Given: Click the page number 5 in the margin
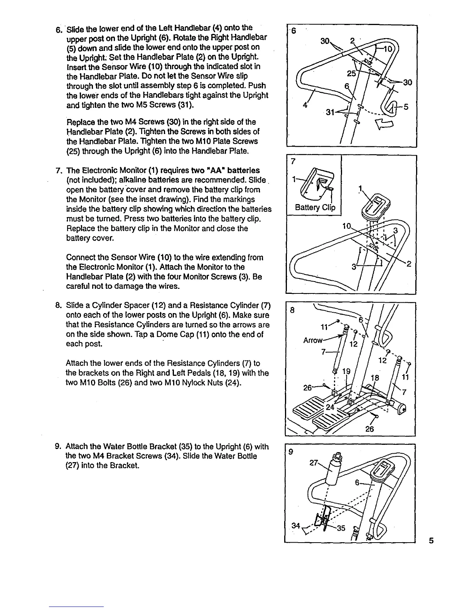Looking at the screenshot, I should pyautogui.click(x=431, y=541).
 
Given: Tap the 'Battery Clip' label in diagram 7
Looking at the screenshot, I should pyautogui.click(x=315, y=208).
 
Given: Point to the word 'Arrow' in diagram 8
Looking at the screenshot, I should pyautogui.click(x=313, y=340).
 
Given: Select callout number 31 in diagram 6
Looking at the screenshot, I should pyautogui.click(x=330, y=112).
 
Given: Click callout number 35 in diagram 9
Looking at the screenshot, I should pyautogui.click(x=341, y=528).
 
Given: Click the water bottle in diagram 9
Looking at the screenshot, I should pyautogui.click(x=332, y=471).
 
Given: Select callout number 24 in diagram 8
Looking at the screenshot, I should pyautogui.click(x=330, y=407).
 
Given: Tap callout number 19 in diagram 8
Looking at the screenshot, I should pyautogui.click(x=346, y=371).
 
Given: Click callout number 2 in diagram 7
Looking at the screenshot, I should pyautogui.click(x=409, y=264).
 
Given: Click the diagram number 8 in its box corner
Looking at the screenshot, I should pyautogui.click(x=292, y=310).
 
